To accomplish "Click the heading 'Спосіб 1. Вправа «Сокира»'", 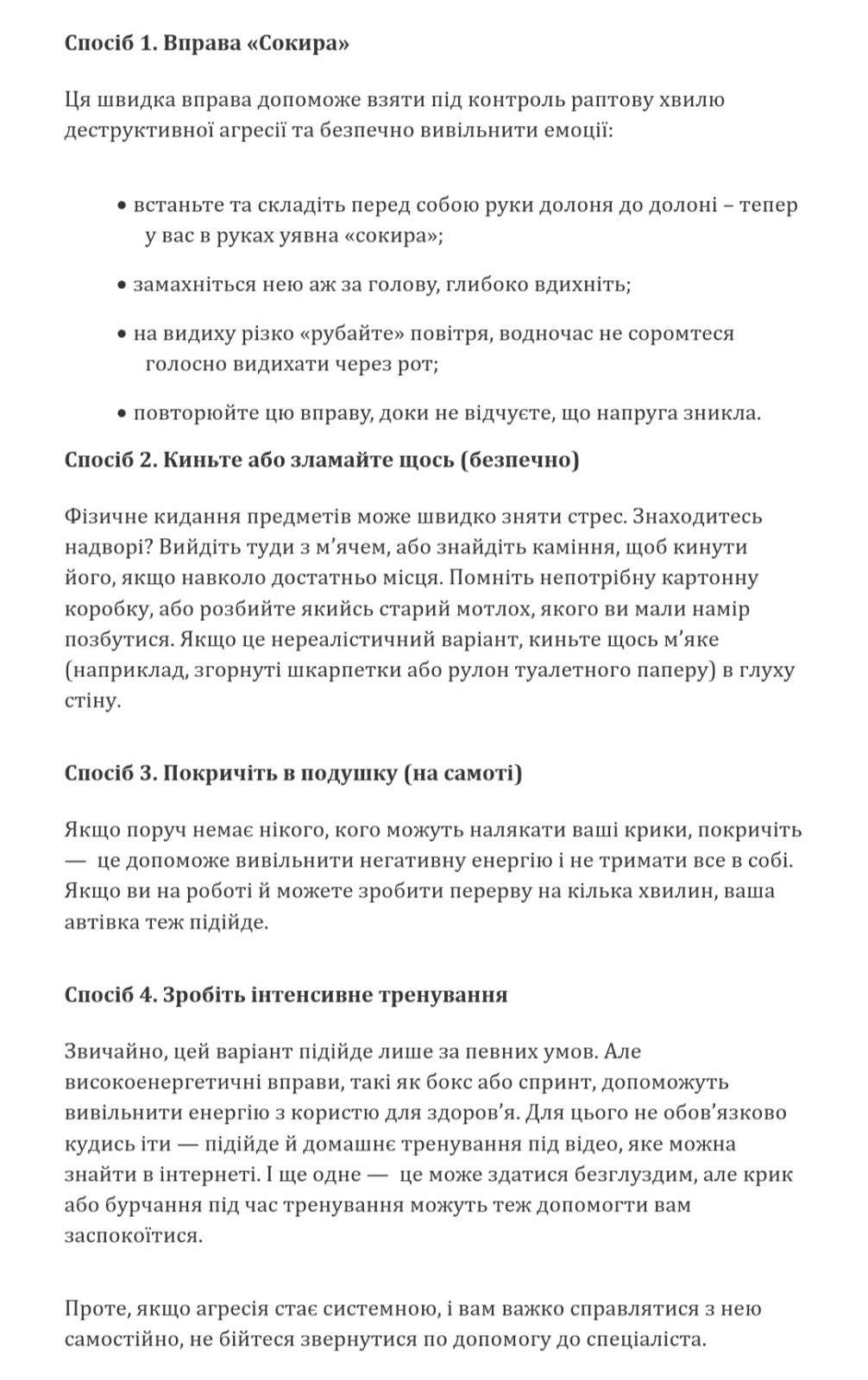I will point(207,43).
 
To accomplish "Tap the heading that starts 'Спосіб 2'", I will point(322,460).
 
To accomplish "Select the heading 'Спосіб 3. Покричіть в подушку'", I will point(293,773).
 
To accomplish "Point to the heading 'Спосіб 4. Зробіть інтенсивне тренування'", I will point(286,994).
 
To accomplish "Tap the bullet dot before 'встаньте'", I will point(122,207).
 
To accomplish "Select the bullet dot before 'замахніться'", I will point(122,285).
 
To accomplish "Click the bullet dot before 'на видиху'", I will point(122,335).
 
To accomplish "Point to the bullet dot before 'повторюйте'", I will point(122,414).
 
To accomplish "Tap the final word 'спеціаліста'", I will point(651,1340).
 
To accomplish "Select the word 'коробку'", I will point(104,609).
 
